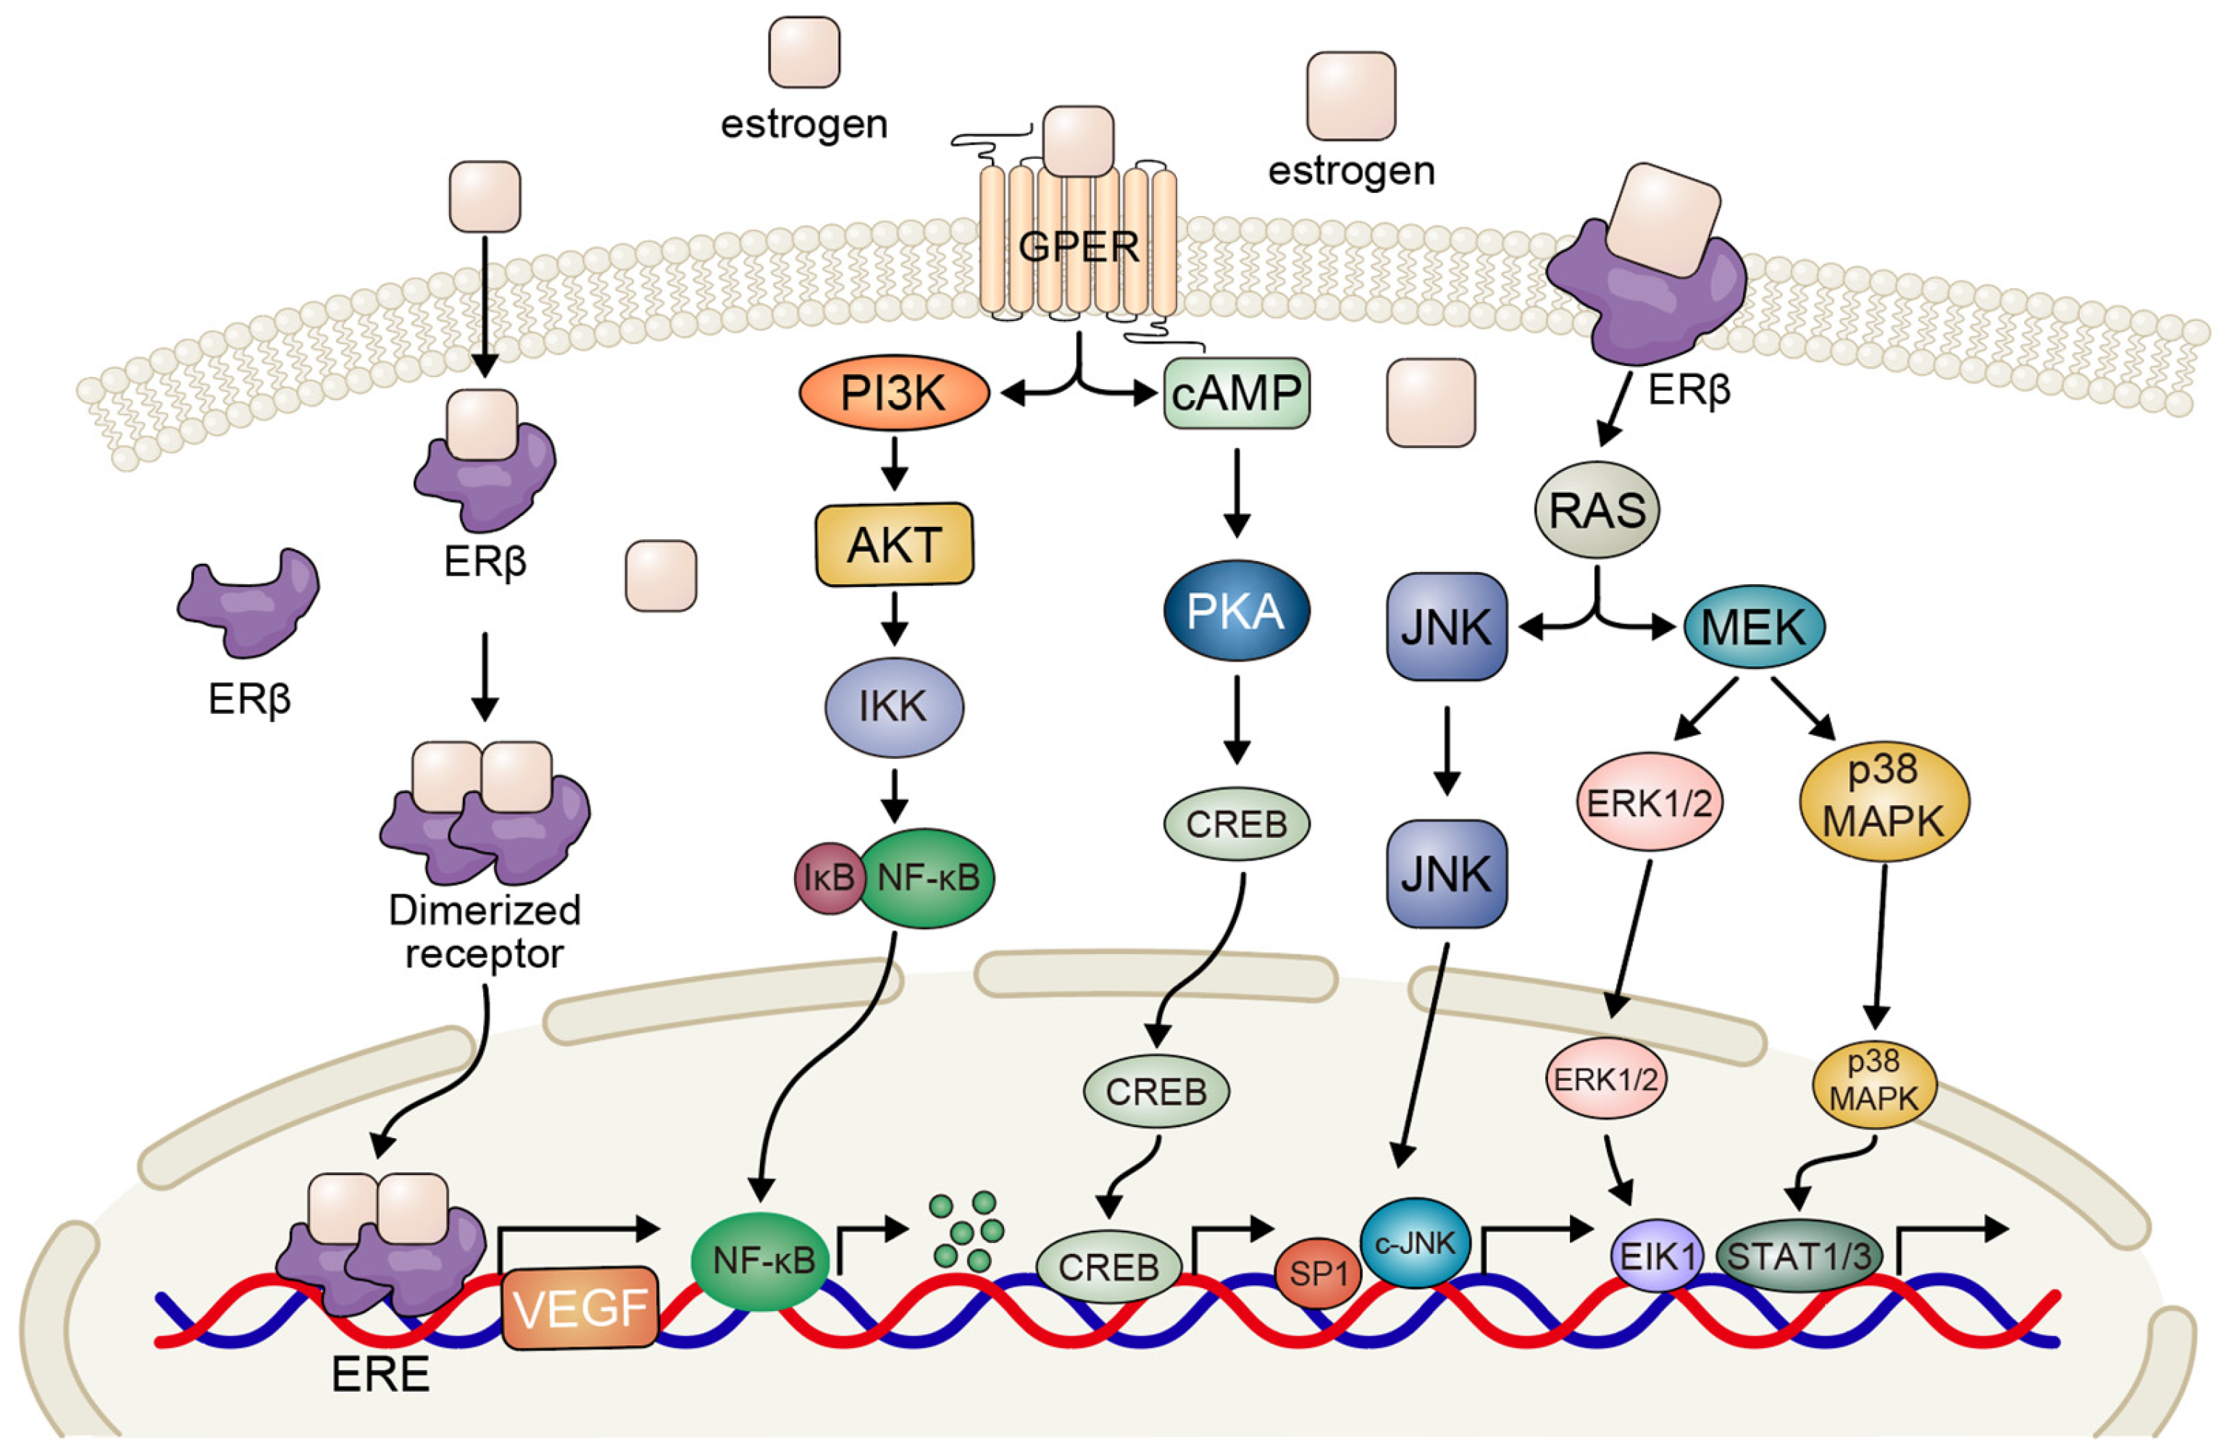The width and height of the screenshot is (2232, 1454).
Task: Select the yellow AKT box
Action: point(894,545)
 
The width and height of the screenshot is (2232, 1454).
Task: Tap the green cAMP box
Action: point(1236,393)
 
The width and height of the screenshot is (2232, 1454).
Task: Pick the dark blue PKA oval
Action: point(1235,612)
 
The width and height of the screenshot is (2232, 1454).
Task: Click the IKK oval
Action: point(893,705)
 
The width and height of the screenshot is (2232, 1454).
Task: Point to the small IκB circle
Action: point(829,878)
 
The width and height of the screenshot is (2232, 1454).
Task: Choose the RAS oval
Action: point(1596,510)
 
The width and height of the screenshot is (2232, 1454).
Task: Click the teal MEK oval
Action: point(1752,627)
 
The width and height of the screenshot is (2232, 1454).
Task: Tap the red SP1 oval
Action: point(1318,1274)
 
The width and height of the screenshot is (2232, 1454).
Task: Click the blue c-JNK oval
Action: point(1415,1244)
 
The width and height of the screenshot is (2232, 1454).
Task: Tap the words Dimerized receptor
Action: point(484,931)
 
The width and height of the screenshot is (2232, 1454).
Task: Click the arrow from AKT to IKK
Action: point(894,618)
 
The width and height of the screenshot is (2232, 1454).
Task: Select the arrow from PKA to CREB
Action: point(1236,720)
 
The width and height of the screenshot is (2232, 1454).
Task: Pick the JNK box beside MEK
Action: point(1445,627)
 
